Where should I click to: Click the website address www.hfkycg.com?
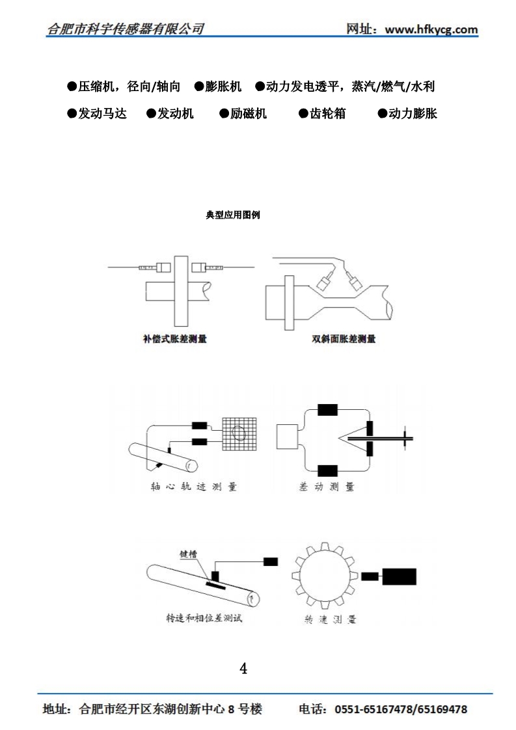tap(431, 29)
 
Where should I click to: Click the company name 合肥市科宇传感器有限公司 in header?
tap(126, 29)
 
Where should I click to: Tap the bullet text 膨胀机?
tap(223, 87)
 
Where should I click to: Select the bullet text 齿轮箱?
tap(327, 113)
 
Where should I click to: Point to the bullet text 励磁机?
tap(249, 113)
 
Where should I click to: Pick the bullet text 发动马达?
tap(102, 113)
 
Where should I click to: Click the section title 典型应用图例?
tap(233, 215)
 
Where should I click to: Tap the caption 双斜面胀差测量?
tap(344, 339)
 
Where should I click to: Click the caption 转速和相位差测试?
tap(204, 618)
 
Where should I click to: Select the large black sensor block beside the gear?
tap(400, 576)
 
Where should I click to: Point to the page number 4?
tap(244, 668)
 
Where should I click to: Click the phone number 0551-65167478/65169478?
tap(400, 709)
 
